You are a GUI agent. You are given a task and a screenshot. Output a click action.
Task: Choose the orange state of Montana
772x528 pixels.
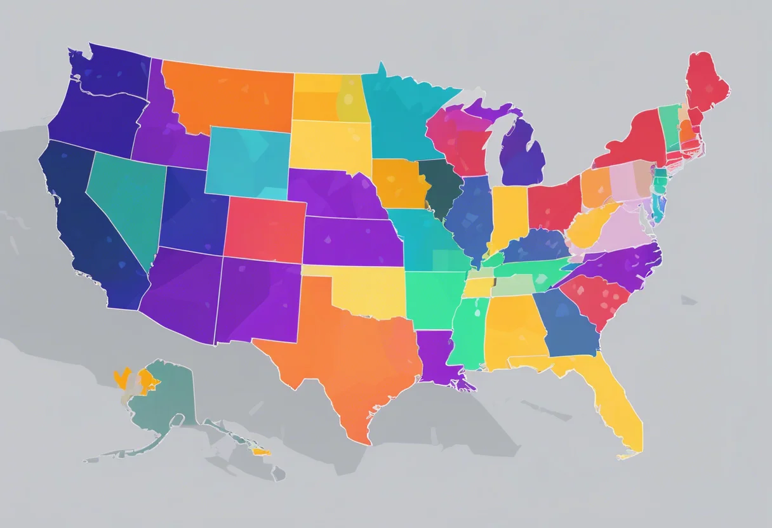[229, 95]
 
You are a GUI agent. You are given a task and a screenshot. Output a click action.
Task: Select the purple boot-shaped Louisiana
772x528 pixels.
[438, 359]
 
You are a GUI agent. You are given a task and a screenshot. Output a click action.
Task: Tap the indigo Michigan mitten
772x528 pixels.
[524, 155]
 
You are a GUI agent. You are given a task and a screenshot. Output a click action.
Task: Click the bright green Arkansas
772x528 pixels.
[432, 298]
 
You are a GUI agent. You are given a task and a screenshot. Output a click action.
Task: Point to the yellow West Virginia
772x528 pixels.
[587, 228]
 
